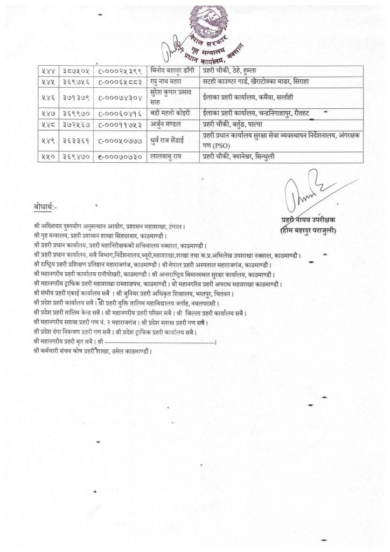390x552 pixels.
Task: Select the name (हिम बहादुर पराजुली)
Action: [308, 232]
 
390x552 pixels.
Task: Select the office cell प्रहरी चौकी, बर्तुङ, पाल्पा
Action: [236, 123]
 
